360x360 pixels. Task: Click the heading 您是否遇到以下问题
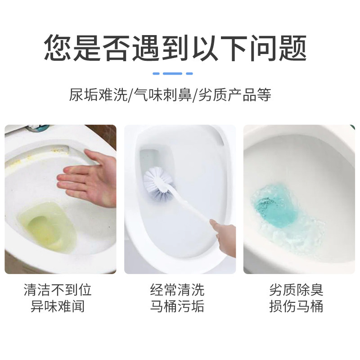pos(175,48)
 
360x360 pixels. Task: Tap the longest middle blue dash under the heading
pos(172,73)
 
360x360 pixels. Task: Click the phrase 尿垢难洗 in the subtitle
pos(98,94)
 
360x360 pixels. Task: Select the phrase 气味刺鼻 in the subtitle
pos(163,94)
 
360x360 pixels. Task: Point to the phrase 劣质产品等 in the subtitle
pos(234,94)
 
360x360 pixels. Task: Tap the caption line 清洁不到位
pos(58,290)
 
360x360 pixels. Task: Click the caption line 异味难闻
pos(58,306)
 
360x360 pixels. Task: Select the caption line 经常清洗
pos(177,290)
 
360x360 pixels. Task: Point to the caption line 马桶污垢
pos(177,306)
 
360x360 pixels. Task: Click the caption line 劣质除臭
pos(296,290)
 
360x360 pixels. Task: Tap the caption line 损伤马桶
pos(296,306)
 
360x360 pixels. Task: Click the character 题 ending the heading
pos(293,48)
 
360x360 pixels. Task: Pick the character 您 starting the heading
pos(58,48)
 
